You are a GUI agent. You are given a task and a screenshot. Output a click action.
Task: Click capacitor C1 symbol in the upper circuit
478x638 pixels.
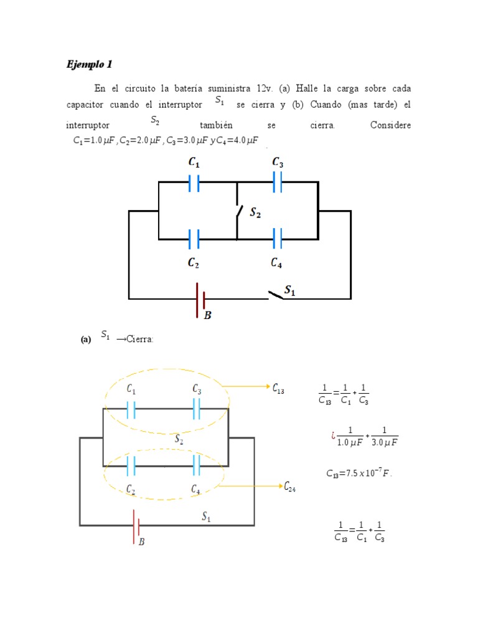[194, 183]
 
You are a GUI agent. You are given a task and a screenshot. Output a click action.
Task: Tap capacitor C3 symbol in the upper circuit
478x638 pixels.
[277, 182]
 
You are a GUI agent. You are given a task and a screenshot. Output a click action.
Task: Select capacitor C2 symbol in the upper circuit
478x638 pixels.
[194, 239]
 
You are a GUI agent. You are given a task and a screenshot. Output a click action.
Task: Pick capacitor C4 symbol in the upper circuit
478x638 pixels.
[277, 239]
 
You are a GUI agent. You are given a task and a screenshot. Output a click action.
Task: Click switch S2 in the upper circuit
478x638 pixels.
[237, 211]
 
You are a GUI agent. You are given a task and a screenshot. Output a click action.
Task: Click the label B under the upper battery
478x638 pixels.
[208, 316]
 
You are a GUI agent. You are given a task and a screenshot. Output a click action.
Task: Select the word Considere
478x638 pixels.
[390, 125]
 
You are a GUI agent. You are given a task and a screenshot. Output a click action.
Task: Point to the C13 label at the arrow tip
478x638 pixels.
[278, 388]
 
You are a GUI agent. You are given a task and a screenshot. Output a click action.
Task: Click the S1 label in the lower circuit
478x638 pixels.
[207, 516]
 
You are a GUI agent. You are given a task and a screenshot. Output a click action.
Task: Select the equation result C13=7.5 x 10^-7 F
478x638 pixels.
[360, 473]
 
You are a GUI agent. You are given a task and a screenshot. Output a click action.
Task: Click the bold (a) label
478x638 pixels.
[86, 340]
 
